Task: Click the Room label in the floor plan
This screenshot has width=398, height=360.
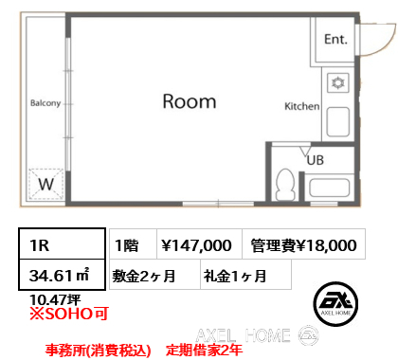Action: tap(190, 101)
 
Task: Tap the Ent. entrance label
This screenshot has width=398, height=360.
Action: tap(335, 39)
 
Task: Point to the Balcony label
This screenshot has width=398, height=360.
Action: tap(45, 103)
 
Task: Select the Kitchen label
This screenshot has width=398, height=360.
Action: tap(302, 106)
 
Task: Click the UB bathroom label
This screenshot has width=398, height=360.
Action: tap(316, 160)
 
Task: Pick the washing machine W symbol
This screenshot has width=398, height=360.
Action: tap(46, 184)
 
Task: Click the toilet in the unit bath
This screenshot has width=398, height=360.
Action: tap(285, 185)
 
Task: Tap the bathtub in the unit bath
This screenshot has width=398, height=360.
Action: tap(330, 188)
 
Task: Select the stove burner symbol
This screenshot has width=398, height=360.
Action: tap(338, 83)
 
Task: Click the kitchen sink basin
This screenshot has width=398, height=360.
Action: tap(338, 122)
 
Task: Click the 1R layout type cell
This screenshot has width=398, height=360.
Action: tap(62, 244)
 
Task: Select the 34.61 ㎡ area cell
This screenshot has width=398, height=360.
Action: tap(62, 275)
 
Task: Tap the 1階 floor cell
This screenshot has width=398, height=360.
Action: tap(133, 244)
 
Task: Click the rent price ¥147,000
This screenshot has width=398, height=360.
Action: tap(196, 245)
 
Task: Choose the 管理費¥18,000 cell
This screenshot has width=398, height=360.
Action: tap(303, 244)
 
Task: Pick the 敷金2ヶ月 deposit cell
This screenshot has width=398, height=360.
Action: tap(154, 275)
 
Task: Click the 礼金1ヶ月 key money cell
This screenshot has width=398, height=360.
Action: tap(245, 275)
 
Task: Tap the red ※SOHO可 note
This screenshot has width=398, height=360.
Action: tap(69, 314)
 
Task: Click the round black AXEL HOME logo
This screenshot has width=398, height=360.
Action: tap(335, 304)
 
